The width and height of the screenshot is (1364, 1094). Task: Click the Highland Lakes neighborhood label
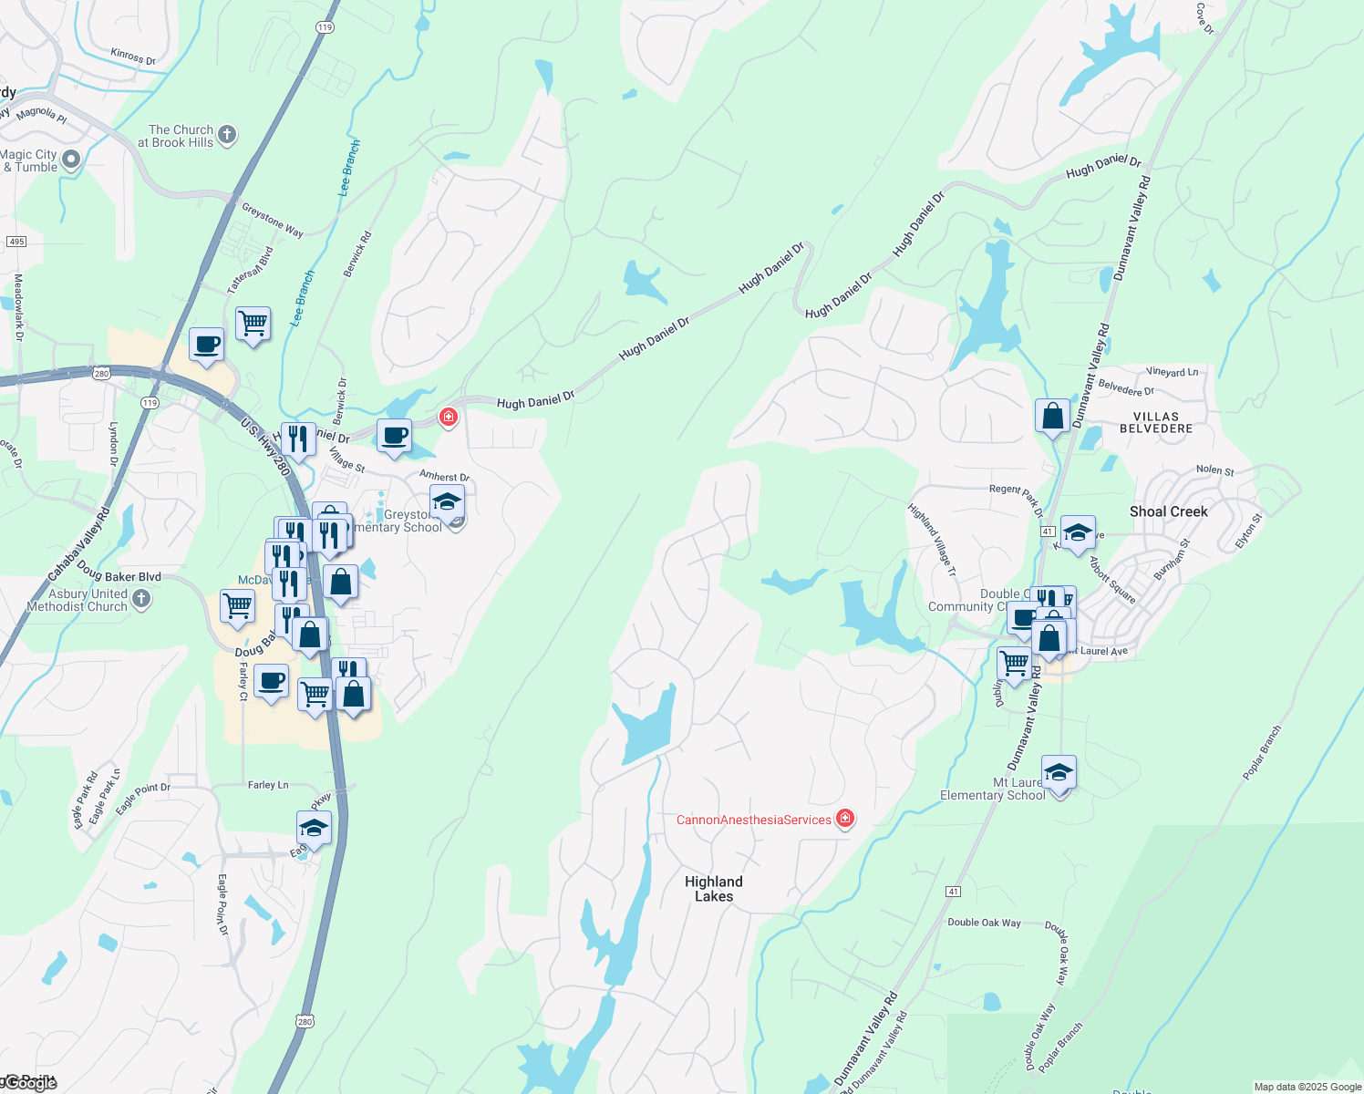(713, 889)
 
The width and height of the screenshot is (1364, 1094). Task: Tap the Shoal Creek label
(1168, 511)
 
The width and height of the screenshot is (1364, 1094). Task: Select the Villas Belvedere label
(1156, 422)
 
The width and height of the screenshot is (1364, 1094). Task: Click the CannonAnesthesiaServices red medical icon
(845, 819)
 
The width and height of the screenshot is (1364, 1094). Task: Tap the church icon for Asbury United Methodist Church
(140, 599)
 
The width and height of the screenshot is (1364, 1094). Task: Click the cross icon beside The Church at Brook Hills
(227, 135)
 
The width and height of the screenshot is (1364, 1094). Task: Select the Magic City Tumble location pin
(71, 160)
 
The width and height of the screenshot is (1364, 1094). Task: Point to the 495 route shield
(15, 242)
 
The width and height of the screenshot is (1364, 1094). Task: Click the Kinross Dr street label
(133, 57)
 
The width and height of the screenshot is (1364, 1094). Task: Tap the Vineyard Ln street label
(1172, 372)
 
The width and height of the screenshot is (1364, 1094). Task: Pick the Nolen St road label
(1214, 470)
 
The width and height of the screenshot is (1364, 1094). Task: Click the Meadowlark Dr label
(18, 307)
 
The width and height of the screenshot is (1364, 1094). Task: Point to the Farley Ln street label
(268, 785)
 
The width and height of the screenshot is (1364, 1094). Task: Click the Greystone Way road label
(273, 220)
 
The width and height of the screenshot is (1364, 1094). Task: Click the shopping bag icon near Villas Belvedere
(1052, 417)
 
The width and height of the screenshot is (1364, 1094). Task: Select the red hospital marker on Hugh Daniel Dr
(448, 418)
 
